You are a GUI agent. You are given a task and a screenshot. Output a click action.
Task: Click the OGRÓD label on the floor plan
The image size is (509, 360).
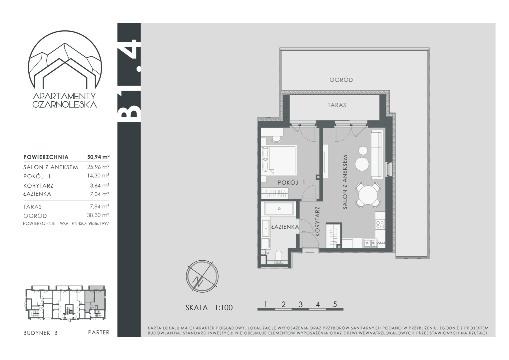[341, 80]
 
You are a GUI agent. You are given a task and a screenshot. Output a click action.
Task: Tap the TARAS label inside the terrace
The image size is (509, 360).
[337, 105]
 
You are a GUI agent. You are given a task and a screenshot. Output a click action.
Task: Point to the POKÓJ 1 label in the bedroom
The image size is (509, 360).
[291, 182]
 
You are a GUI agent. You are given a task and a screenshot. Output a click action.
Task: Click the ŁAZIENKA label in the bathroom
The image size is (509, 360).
[285, 227]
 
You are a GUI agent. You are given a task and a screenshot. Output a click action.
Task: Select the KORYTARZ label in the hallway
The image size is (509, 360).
[317, 221]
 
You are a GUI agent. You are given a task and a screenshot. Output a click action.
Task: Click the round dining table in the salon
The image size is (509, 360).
[368, 195]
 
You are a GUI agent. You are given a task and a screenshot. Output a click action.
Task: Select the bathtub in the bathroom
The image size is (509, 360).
[279, 209]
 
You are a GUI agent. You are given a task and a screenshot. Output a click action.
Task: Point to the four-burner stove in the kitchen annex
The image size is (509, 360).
[380, 224]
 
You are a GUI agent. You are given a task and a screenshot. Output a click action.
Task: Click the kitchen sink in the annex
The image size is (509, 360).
[370, 243]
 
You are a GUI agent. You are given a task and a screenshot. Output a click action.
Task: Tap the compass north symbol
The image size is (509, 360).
[202, 277]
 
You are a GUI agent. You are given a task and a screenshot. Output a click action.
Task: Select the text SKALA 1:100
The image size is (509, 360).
[209, 308]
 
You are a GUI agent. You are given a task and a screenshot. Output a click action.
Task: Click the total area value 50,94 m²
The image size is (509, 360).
[98, 157]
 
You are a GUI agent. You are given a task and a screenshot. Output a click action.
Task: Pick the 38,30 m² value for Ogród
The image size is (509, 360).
[98, 215]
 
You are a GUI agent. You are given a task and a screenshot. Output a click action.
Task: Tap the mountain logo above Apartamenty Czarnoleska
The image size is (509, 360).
[65, 60]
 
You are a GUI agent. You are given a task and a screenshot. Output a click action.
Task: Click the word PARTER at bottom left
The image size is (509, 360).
[99, 332]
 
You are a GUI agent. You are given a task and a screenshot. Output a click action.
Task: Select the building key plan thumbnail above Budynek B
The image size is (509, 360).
[65, 303]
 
